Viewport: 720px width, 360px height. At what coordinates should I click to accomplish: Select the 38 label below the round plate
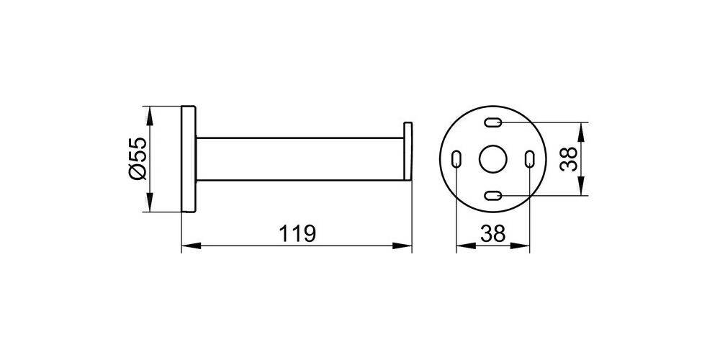(493, 234)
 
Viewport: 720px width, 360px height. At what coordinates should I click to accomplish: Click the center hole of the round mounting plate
(493, 159)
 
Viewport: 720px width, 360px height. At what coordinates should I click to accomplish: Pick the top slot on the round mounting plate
(493, 123)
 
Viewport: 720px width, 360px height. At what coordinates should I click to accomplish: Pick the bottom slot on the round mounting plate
(493, 195)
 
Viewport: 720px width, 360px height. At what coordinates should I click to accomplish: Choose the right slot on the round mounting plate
(529, 159)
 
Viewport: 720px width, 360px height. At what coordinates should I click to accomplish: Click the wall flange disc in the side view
(187, 159)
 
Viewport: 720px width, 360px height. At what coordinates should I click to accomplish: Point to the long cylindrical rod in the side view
(299, 159)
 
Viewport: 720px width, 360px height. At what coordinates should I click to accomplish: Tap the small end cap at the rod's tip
(408, 153)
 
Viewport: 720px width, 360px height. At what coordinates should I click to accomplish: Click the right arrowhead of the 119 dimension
(407, 247)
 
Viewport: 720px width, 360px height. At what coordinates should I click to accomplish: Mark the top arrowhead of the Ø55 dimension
(150, 112)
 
